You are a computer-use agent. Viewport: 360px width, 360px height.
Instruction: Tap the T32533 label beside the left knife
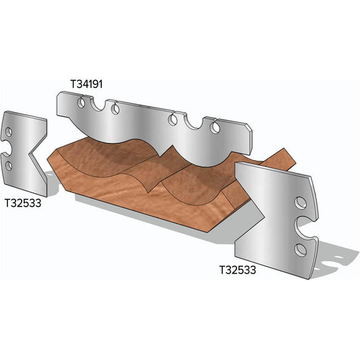pyautogui.click(x=26, y=202)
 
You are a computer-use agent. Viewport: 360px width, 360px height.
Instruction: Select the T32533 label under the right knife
pyautogui.click(x=240, y=269)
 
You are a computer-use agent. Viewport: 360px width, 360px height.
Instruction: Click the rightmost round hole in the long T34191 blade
pyautogui.click(x=216, y=126)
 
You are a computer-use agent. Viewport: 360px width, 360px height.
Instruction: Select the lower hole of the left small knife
pyautogui.click(x=9, y=165)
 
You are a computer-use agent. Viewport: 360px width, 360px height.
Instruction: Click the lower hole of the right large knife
pyautogui.click(x=301, y=251)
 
